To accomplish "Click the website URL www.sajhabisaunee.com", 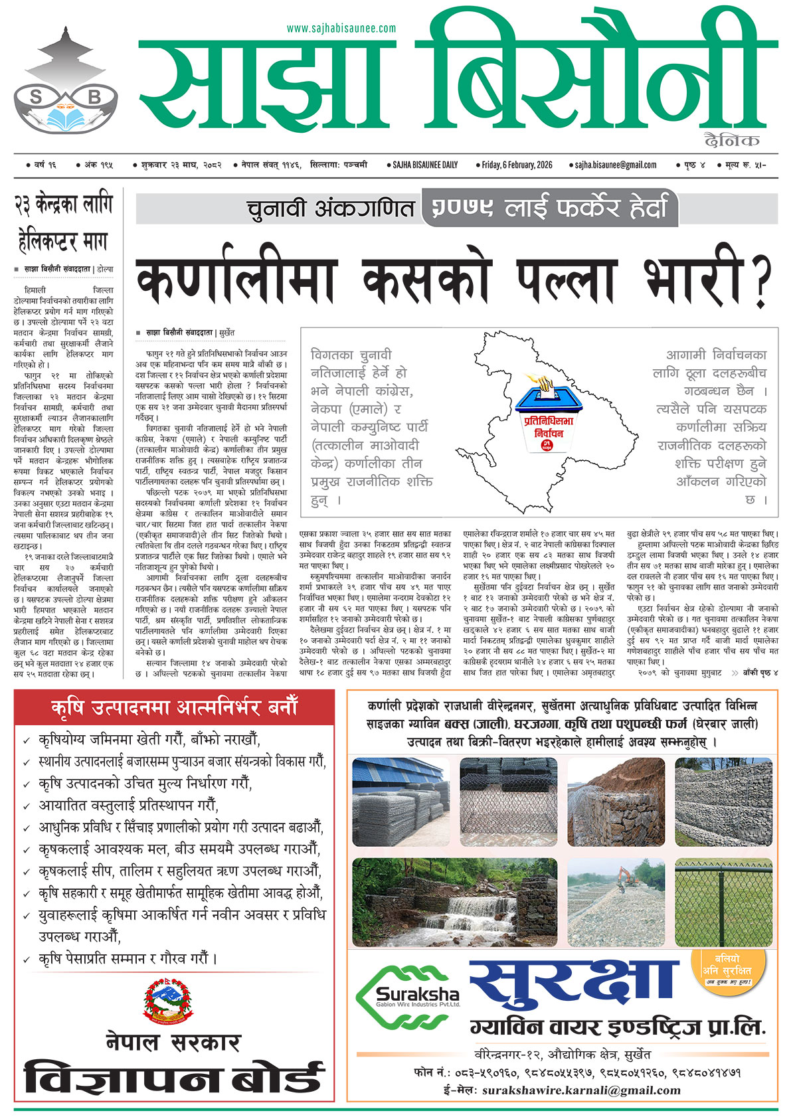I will [341, 28].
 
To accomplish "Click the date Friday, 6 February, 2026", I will [517, 165].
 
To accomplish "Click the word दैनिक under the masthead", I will [733, 140].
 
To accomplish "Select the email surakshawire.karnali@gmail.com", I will [581, 1090].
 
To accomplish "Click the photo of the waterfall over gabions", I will [454, 902].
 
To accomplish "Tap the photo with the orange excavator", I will [616, 902].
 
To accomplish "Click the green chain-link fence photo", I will [723, 902].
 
